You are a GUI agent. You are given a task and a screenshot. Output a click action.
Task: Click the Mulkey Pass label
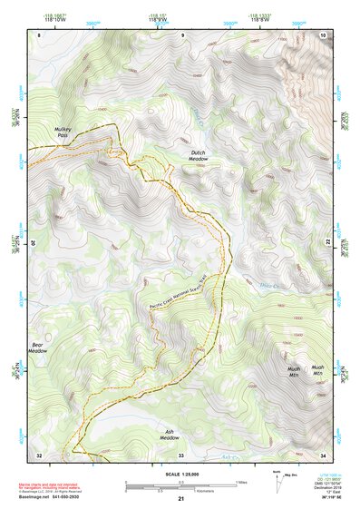point(62,133)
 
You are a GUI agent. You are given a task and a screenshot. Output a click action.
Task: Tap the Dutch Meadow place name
point(199,156)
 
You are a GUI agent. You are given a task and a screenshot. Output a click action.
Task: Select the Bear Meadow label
point(38,350)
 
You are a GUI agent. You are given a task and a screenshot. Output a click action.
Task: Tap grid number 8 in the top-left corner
point(39,34)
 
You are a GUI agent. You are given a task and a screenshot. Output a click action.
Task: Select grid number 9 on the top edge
point(181,34)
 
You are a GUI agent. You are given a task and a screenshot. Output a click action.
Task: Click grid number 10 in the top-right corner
point(323,34)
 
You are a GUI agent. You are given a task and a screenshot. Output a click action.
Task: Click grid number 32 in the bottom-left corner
point(39,454)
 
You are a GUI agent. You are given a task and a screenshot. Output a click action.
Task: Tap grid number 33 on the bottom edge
point(180,454)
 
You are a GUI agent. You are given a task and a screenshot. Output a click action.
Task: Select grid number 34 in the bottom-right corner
point(323,454)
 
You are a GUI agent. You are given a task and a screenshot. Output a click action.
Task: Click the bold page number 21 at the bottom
point(180,499)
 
